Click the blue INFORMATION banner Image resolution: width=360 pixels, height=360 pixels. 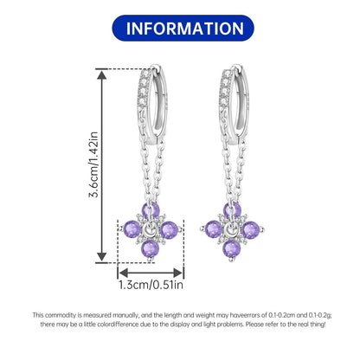coord(183,28)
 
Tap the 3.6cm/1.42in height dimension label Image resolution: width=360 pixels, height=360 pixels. coord(93,164)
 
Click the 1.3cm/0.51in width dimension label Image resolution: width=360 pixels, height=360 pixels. coord(151,285)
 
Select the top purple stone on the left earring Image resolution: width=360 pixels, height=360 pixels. coord(151,210)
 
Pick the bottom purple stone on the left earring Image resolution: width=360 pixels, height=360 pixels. coord(150,249)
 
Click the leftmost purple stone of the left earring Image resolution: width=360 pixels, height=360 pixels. coord(132,229)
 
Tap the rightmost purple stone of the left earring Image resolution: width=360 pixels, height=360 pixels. coord(169,230)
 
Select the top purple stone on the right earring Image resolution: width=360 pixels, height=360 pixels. coord(232,210)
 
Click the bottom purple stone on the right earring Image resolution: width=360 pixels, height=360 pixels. coord(232,249)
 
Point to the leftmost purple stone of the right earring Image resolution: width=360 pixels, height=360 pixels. coord(214,229)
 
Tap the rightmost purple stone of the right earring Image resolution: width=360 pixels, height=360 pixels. coord(251,230)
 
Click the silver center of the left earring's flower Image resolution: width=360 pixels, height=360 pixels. coord(151,230)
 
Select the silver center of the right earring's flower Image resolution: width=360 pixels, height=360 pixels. coord(232,230)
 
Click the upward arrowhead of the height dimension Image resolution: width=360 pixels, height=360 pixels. coord(101,74)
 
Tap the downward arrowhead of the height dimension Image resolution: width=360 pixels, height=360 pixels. coord(101,256)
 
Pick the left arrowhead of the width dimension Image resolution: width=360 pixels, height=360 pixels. coord(123,273)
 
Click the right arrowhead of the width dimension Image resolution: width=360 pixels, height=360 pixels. coord(177,273)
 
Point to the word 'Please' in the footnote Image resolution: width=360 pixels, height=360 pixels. coord(255,325)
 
